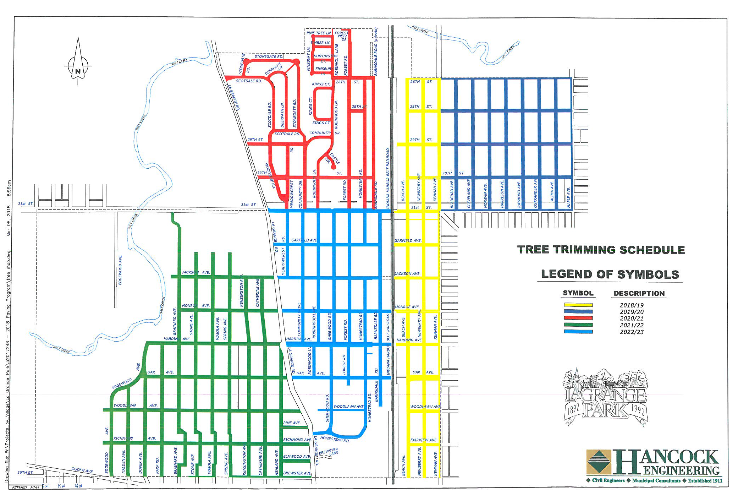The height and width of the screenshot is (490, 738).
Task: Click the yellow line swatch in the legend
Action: [x=578, y=305]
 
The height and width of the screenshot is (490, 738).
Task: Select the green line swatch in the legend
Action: [x=578, y=325]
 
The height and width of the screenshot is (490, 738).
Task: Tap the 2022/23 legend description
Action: [x=632, y=332]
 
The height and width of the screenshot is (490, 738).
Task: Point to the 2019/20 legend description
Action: [x=632, y=312]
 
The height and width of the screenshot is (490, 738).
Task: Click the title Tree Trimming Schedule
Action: [x=601, y=250]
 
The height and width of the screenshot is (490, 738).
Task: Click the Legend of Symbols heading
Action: [x=610, y=274]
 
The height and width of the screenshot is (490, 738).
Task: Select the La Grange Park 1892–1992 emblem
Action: [x=606, y=398]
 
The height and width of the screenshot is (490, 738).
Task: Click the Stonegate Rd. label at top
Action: [x=269, y=56]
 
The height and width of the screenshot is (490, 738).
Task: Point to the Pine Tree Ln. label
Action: [x=319, y=33]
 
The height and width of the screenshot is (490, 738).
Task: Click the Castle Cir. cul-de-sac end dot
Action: [x=334, y=167]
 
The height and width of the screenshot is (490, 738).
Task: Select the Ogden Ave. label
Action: [x=82, y=470]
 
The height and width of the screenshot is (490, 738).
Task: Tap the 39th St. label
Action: [x=25, y=473]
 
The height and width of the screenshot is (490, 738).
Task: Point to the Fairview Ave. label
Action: [x=424, y=440]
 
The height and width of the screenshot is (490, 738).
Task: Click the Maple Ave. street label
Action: [x=568, y=197]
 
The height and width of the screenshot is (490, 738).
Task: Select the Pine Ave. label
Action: [x=292, y=423]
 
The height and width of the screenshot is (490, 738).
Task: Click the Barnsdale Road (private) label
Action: [x=376, y=51]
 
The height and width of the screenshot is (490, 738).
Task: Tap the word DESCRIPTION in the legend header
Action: [x=639, y=294]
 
